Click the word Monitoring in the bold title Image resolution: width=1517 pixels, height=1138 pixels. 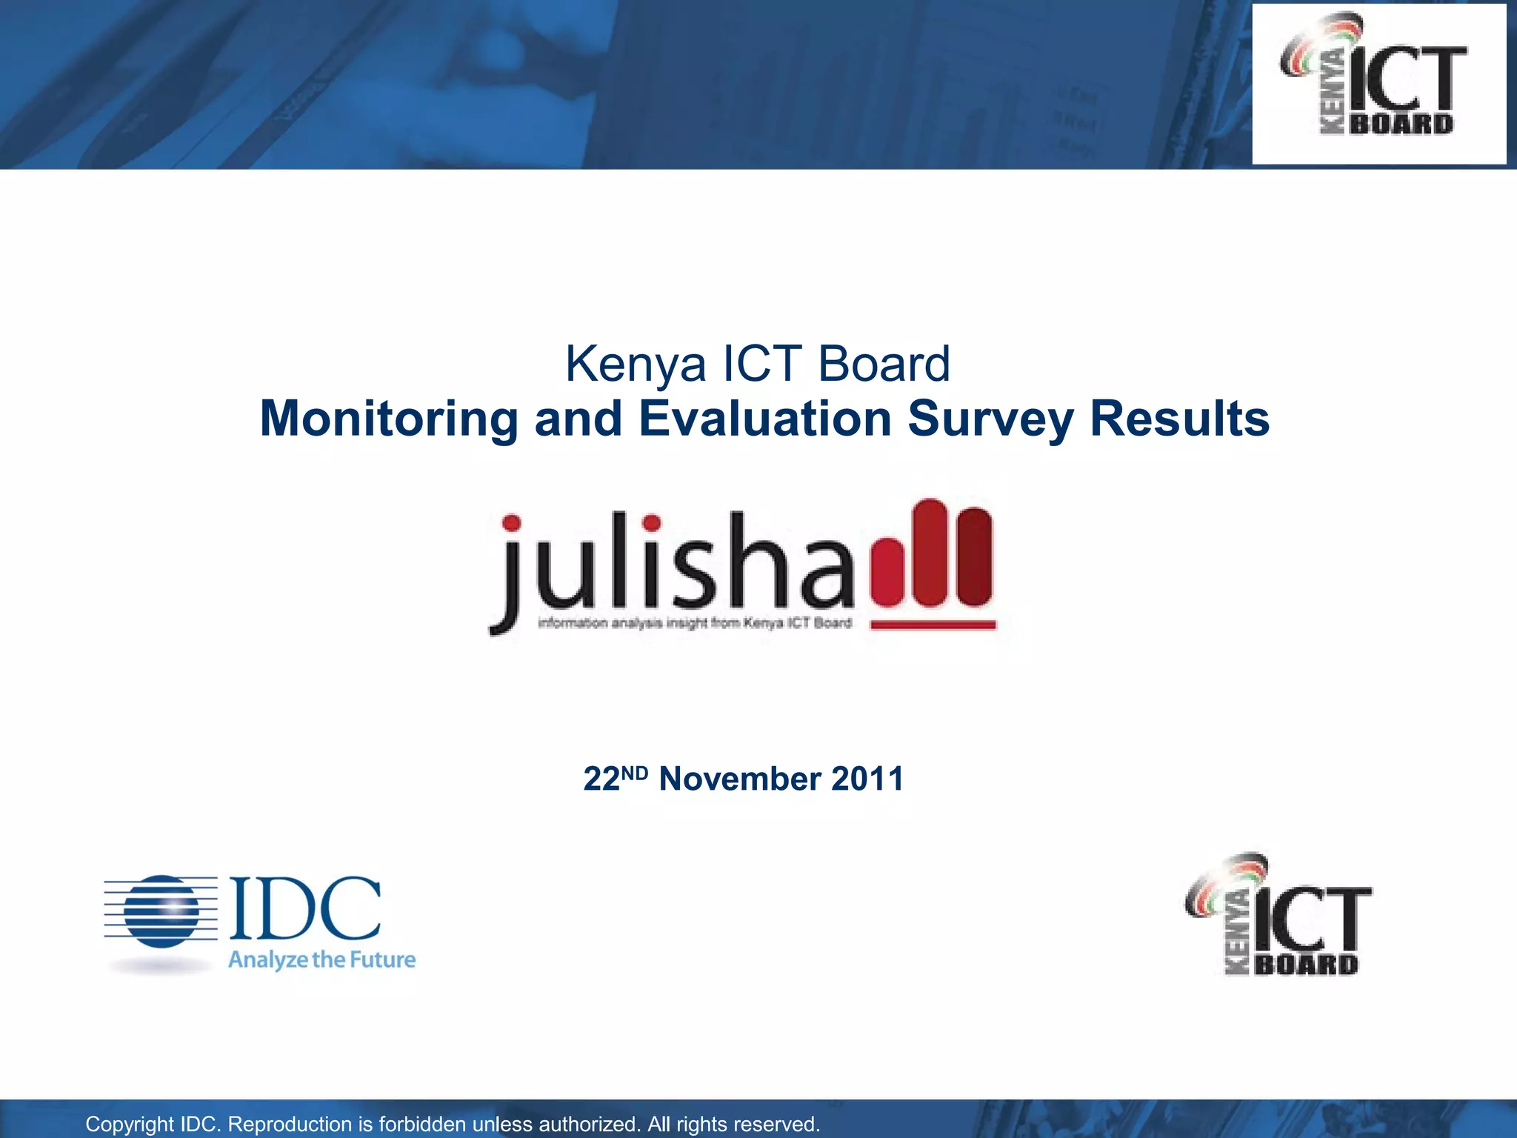pos(389,419)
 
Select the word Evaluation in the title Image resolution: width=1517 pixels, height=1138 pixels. pos(765,419)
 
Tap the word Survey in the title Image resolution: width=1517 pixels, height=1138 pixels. pos(990,419)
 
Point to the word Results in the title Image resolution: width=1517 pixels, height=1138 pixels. pos(1179,419)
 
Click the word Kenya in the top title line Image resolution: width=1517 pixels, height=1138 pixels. pos(636,365)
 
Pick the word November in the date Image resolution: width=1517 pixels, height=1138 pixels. pos(739,779)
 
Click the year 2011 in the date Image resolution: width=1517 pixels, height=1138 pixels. pos(867,779)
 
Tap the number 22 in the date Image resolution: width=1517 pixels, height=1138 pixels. pos(601,779)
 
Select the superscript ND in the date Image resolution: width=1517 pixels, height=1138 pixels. pos(634,772)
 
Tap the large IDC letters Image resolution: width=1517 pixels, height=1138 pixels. pos(305,908)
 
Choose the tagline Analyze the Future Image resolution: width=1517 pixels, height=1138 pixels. pos(321,960)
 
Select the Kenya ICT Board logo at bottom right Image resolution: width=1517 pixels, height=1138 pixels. pos(1278,916)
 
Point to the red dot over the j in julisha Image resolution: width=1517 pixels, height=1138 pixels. pos(511,523)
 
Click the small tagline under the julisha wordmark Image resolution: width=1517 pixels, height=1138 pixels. pos(695,623)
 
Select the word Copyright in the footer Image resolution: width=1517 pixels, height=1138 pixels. pos(130,1124)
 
